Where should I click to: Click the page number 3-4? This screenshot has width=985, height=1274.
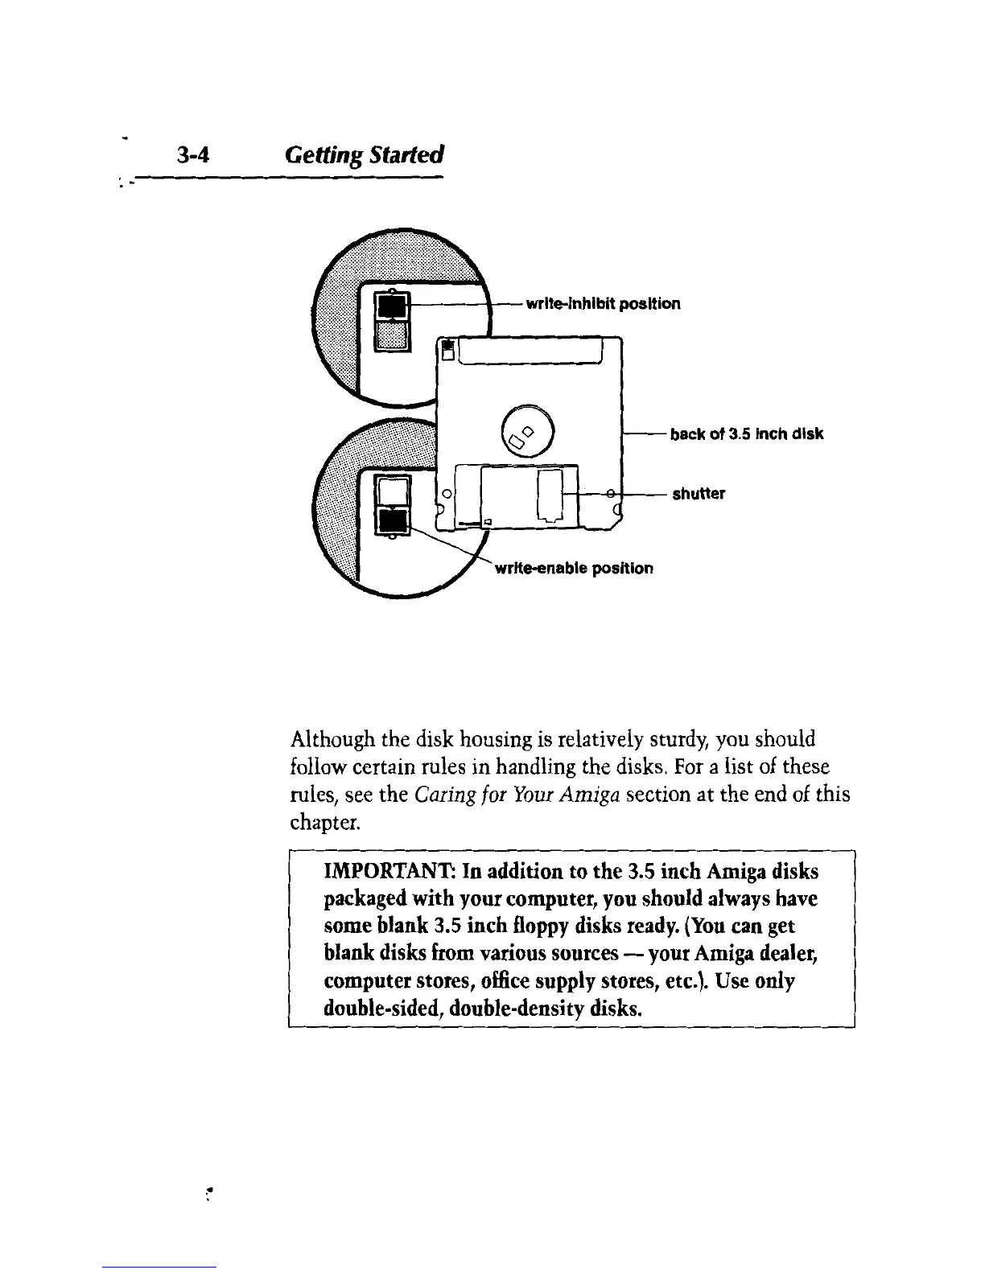(192, 155)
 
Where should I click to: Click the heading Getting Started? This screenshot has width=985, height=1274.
(365, 155)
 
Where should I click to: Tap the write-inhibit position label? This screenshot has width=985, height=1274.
(602, 304)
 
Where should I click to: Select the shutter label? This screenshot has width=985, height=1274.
(699, 494)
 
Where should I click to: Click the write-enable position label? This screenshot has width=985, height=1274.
(574, 569)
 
